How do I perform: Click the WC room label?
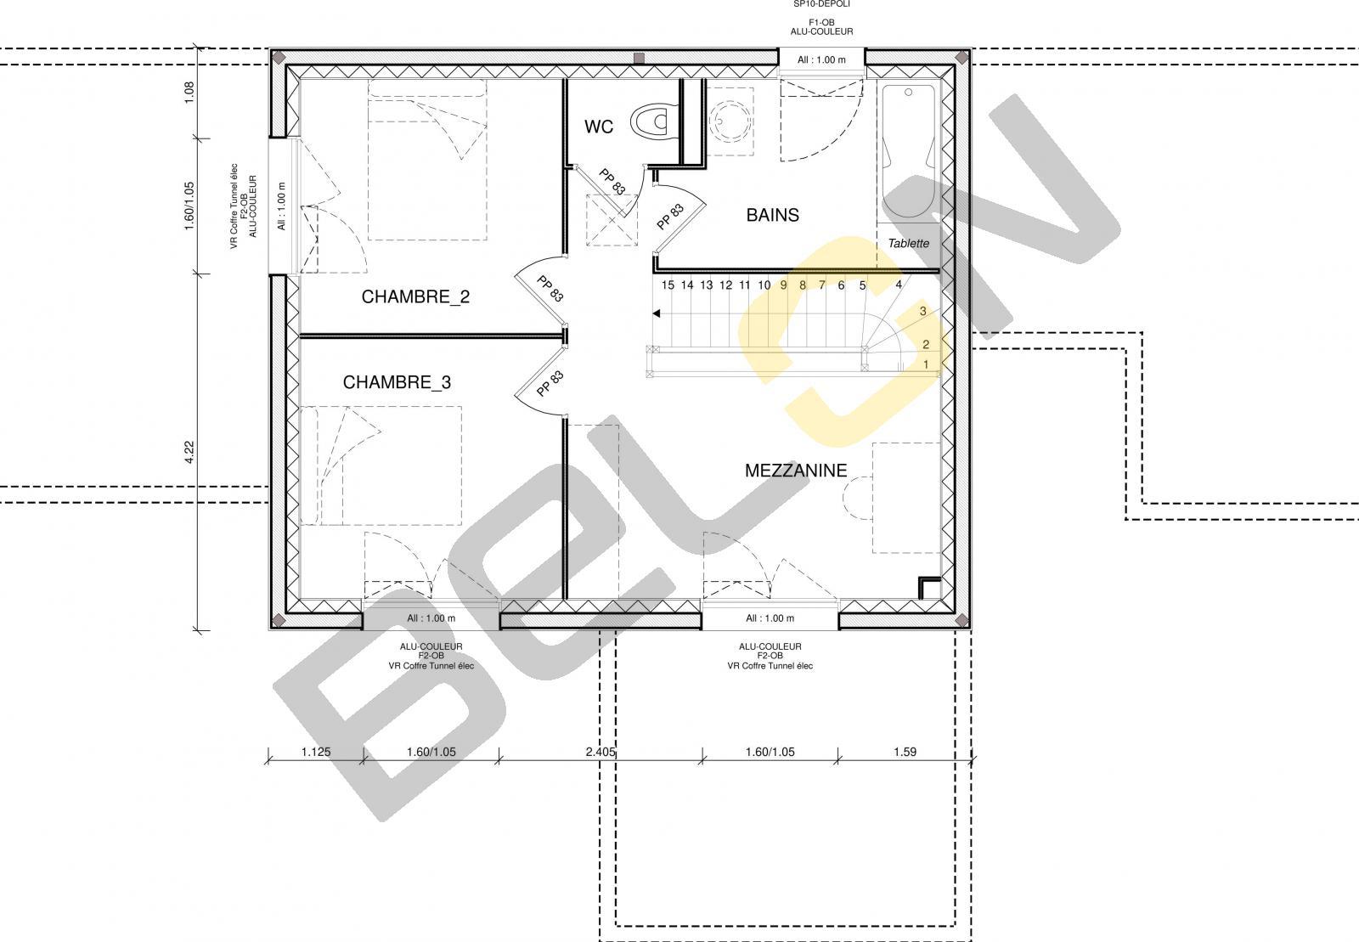click(599, 127)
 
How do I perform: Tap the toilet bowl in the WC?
click(653, 121)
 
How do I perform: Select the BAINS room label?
click(772, 215)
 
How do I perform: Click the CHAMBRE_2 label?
click(415, 296)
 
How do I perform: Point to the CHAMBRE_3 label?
click(397, 382)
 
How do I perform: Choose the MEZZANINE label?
click(796, 471)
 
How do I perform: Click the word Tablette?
click(908, 243)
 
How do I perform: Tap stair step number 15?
click(668, 285)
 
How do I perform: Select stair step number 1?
click(926, 364)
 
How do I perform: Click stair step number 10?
click(764, 285)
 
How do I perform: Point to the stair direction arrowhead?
click(656, 313)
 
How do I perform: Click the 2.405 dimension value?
click(601, 752)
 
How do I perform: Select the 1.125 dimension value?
click(316, 752)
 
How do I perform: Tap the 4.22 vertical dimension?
click(189, 453)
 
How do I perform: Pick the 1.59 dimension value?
click(905, 752)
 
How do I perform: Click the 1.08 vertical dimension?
click(189, 93)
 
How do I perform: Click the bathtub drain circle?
click(908, 93)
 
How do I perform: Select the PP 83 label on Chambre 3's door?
click(550, 384)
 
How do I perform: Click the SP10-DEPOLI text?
click(821, 3)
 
